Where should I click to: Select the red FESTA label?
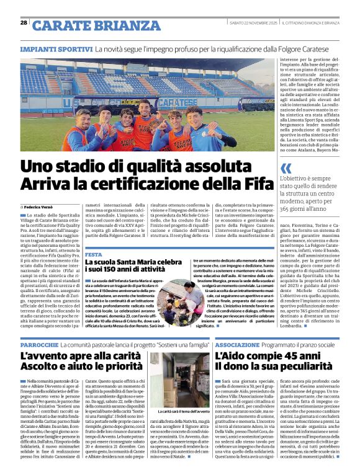[x=94, y=254]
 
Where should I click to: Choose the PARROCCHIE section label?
[x=40, y=344]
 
